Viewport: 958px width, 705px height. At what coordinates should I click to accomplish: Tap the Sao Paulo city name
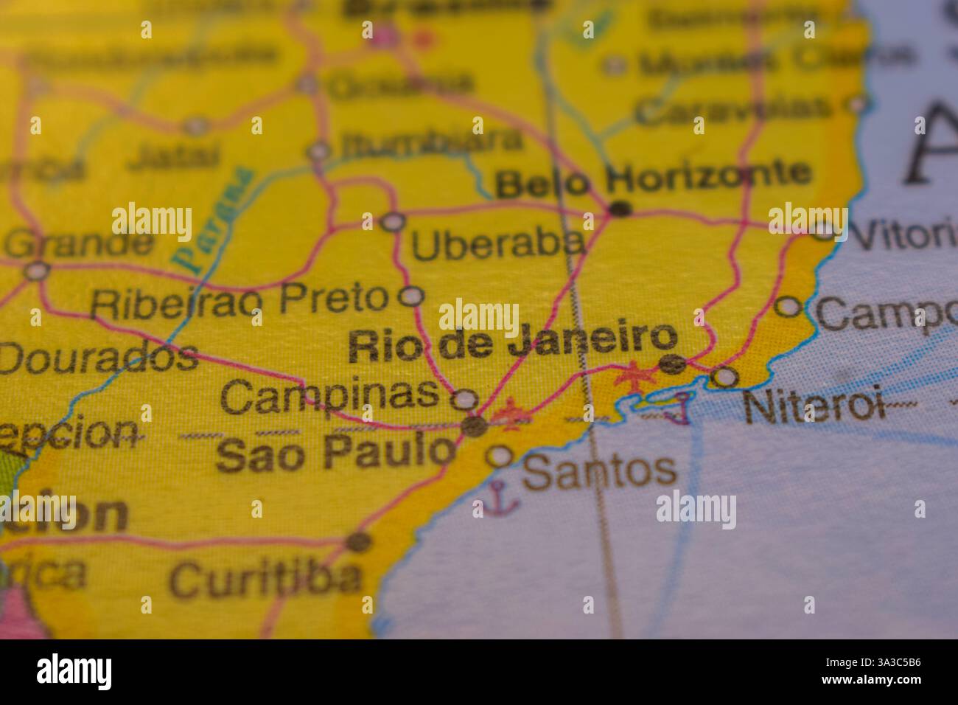[335, 454]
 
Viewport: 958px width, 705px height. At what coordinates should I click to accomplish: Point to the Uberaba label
[498, 244]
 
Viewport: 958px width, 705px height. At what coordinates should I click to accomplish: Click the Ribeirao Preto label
[239, 299]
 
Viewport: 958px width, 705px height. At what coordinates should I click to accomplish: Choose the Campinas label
[330, 396]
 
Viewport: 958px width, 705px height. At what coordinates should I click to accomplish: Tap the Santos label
[599, 470]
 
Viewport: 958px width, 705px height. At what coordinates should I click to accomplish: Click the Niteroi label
[813, 406]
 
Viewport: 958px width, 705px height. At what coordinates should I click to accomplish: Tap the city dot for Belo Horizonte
[620, 209]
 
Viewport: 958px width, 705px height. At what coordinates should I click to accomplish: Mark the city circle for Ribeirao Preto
[410, 296]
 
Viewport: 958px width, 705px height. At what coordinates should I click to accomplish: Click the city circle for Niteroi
[725, 378]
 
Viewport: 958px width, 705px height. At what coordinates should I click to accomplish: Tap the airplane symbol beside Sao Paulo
[511, 415]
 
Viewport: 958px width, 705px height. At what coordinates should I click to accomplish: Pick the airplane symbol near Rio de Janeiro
[633, 376]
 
